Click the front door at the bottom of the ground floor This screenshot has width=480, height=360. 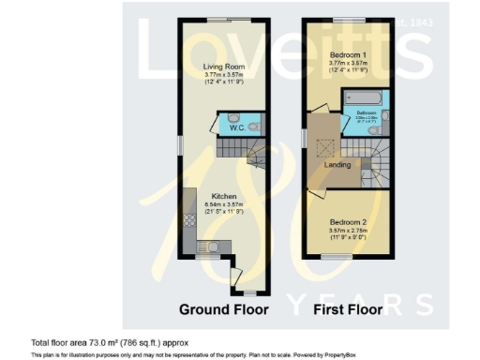(x=240, y=278)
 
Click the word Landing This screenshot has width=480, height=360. (x=337, y=166)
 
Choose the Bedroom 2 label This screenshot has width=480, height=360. (x=348, y=222)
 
